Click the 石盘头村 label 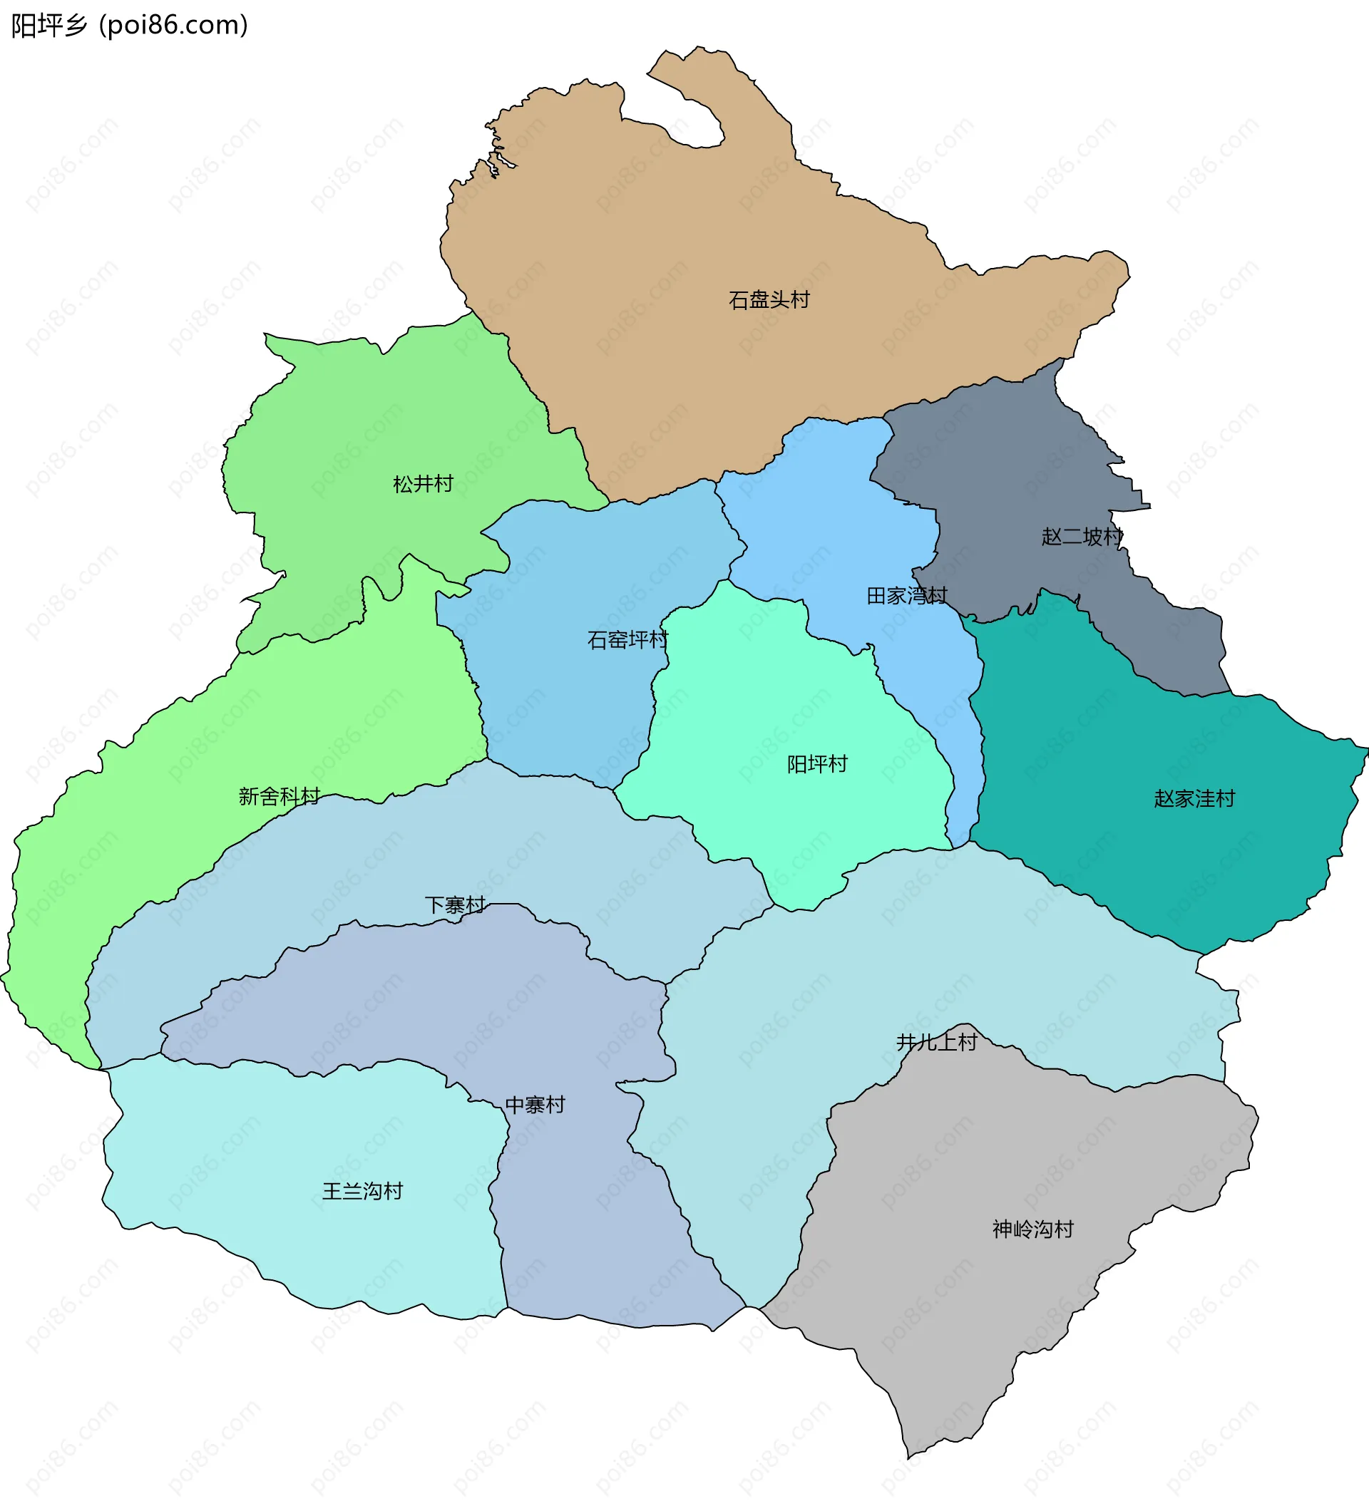click(769, 300)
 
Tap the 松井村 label click(423, 484)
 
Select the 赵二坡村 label click(1082, 537)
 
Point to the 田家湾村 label click(906, 595)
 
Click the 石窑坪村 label click(627, 639)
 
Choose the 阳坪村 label click(817, 764)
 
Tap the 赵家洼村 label click(1194, 798)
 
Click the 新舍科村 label click(279, 796)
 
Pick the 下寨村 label click(455, 905)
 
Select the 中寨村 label click(535, 1105)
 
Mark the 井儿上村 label click(936, 1042)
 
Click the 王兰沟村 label click(362, 1191)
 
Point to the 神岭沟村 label click(1032, 1229)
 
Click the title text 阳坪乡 click(49, 26)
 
